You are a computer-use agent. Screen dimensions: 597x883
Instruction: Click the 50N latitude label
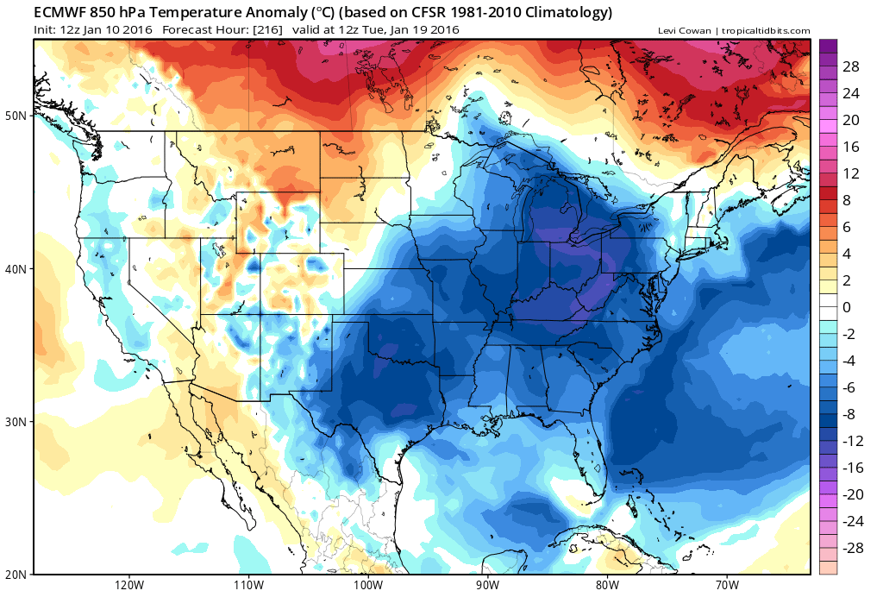point(17,116)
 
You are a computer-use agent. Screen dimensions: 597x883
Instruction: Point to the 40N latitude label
point(17,268)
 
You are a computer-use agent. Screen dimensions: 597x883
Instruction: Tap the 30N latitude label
point(17,421)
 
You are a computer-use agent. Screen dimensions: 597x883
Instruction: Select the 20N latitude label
point(17,574)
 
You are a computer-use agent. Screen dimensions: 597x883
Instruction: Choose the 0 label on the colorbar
point(847,307)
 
